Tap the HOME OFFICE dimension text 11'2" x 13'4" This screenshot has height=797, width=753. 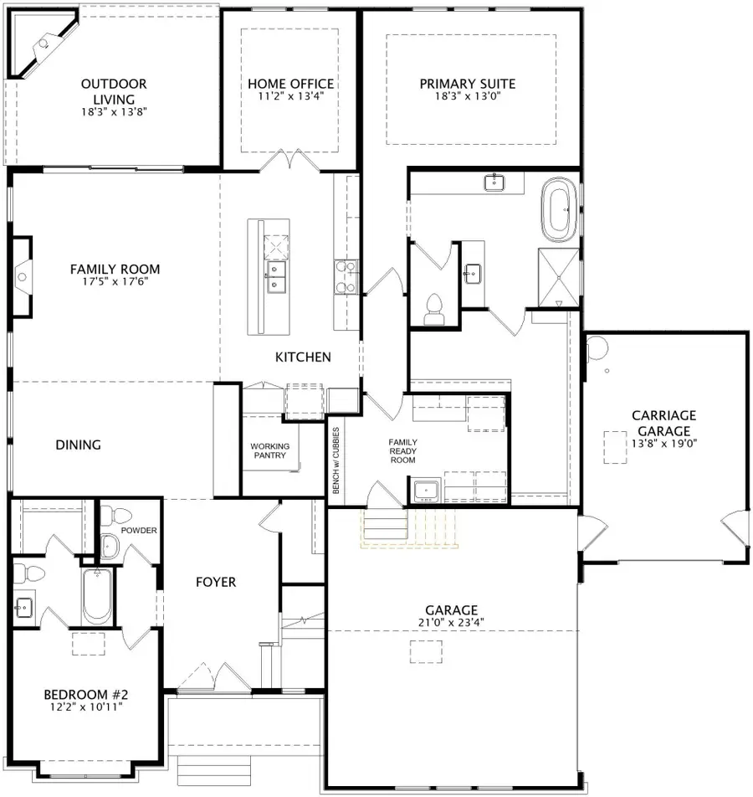[x=290, y=96]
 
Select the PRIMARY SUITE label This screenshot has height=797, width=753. [x=467, y=84]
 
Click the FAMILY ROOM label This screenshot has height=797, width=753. [x=115, y=270]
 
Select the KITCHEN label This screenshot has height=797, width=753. [x=303, y=357]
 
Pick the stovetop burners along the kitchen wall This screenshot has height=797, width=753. [x=346, y=277]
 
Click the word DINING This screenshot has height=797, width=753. [x=79, y=445]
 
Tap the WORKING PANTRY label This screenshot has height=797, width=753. [x=270, y=451]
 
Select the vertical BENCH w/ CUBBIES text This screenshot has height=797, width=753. [x=336, y=460]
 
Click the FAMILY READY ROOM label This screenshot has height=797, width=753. [x=402, y=451]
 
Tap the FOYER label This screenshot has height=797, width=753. [x=216, y=582]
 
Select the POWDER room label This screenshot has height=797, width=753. [x=139, y=531]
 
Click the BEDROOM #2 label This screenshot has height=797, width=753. [x=85, y=695]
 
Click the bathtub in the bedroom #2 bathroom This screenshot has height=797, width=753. [x=98, y=597]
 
